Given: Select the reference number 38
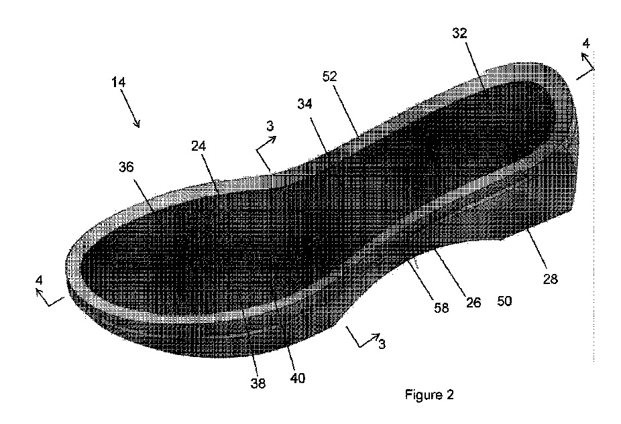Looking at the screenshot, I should [x=258, y=384].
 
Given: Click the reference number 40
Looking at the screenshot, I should [x=297, y=378].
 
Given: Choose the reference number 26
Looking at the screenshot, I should [x=473, y=301].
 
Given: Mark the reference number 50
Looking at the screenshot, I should [x=504, y=301].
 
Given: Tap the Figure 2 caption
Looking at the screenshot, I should [x=429, y=395].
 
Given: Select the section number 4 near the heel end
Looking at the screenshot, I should [x=585, y=44].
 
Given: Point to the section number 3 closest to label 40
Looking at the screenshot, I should [x=381, y=345].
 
